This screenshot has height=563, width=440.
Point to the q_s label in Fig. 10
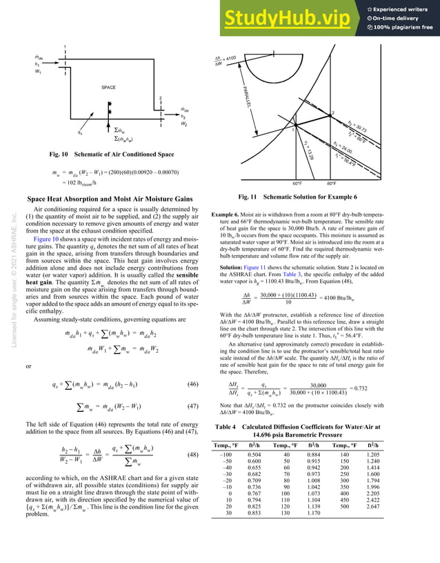pyautogui.click(x=63, y=128)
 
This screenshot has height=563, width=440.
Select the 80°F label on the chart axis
pyautogui.click(x=332, y=184)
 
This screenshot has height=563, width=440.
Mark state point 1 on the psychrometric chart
pyautogui.click(x=293, y=128)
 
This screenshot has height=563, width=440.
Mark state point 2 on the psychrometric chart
pyautogui.click(x=332, y=111)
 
